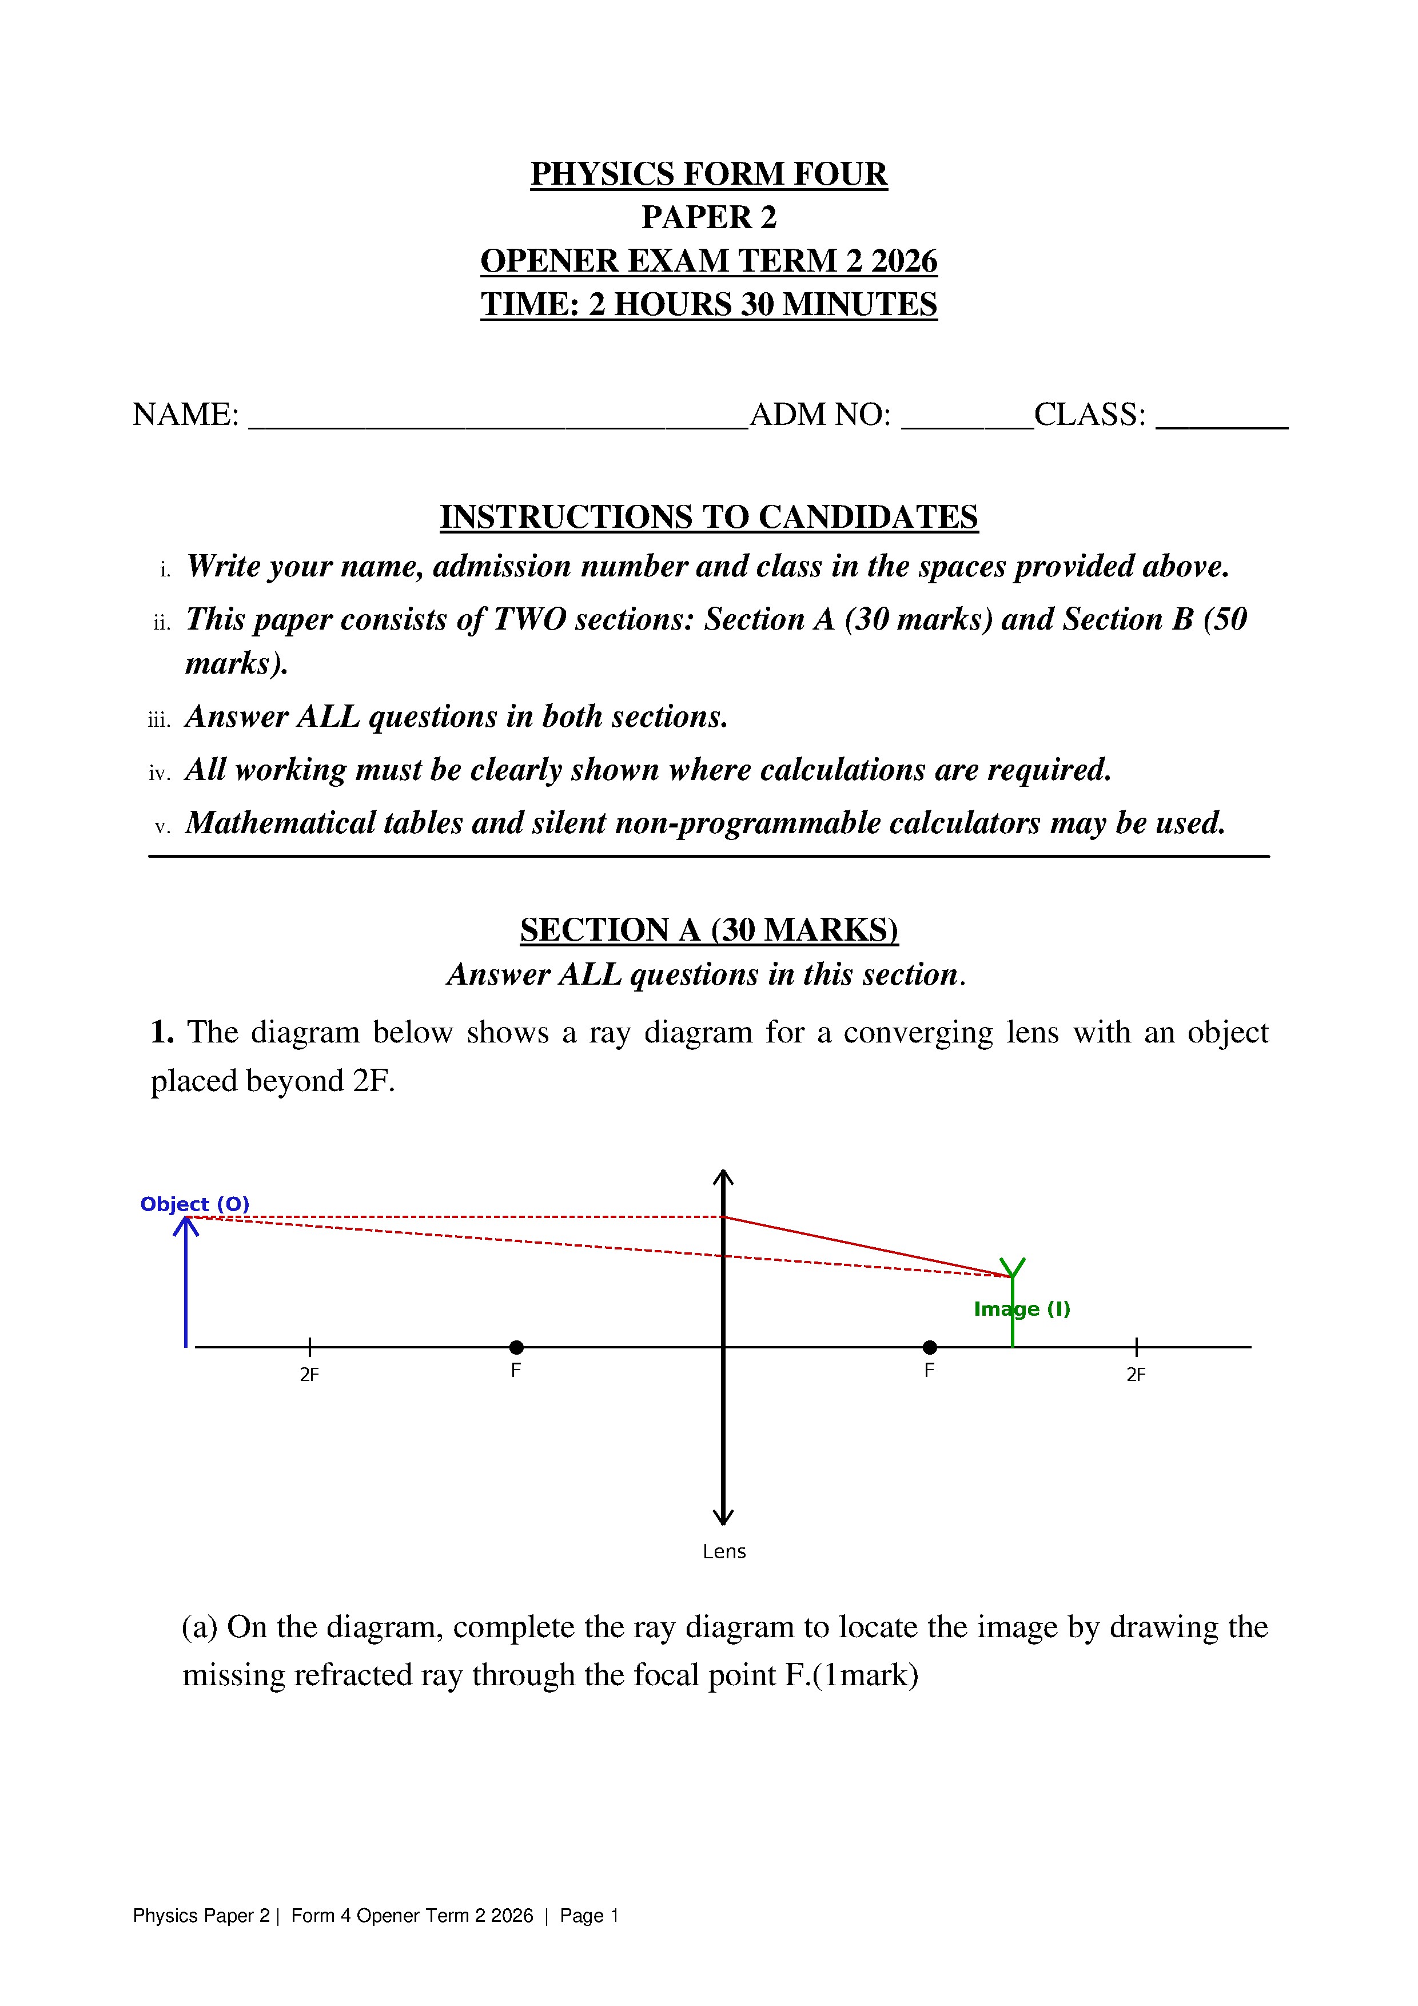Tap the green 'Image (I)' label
point(1021,1309)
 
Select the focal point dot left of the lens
point(516,1347)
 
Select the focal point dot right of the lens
point(930,1347)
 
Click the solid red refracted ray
point(865,1247)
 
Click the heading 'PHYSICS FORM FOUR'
point(708,174)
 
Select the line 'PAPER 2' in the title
point(708,217)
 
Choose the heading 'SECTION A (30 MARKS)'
point(708,930)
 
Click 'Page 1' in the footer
point(589,1916)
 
